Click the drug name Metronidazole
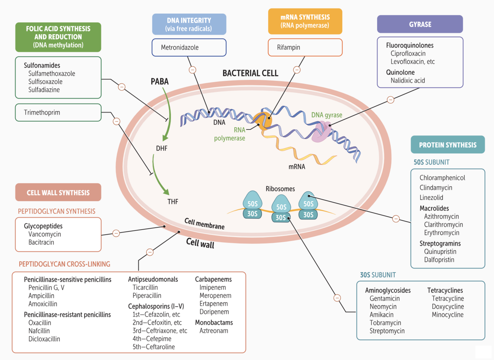pyautogui.click(x=180, y=47)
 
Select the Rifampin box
pyautogui.click(x=305, y=47)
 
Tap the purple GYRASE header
pyautogui.click(x=420, y=24)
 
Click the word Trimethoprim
pyautogui.click(x=42, y=113)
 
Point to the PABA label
pyautogui.click(x=160, y=81)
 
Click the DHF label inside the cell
pyautogui.click(x=162, y=148)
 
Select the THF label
pyautogui.click(x=173, y=201)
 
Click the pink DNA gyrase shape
pyautogui.click(x=321, y=132)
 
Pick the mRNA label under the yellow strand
pyautogui.click(x=297, y=167)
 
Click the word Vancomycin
pyautogui.click(x=44, y=234)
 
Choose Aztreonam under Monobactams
pyautogui.click(x=214, y=331)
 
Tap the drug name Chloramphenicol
pyautogui.click(x=442, y=178)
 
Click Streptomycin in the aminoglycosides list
pyautogui.click(x=387, y=331)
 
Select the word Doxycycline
pyautogui.click(x=447, y=307)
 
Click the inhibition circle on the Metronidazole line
pyautogui.click(x=193, y=70)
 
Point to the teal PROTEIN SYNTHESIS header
pyautogui.click(x=448, y=145)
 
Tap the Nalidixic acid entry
pyautogui.click(x=408, y=80)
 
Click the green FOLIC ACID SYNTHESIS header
pyautogui.click(x=58, y=37)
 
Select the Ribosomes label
pyautogui.click(x=280, y=189)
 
